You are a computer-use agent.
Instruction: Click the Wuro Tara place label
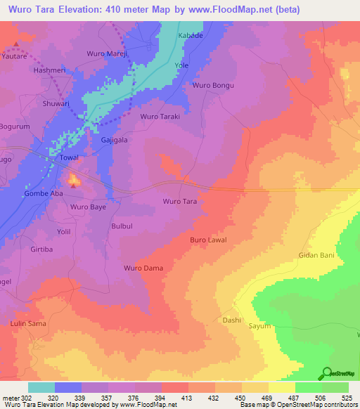(x=179, y=201)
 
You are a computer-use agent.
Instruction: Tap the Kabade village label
(x=190, y=35)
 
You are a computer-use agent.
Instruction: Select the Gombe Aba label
(x=44, y=193)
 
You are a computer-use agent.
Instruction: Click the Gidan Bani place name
(x=316, y=255)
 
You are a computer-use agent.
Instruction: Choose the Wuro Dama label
(x=143, y=268)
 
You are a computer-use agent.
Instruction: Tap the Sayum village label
(x=259, y=326)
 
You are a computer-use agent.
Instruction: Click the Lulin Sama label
(x=28, y=323)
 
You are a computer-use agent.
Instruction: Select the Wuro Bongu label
(x=212, y=85)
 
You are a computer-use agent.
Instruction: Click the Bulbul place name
(x=122, y=226)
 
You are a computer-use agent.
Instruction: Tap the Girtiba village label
(x=42, y=249)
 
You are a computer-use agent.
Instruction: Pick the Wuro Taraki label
(x=160, y=116)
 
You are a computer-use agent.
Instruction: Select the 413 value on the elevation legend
(x=186, y=397)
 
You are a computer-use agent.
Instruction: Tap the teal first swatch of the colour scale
(x=41, y=387)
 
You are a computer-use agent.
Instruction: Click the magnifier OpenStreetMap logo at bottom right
(x=328, y=373)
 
